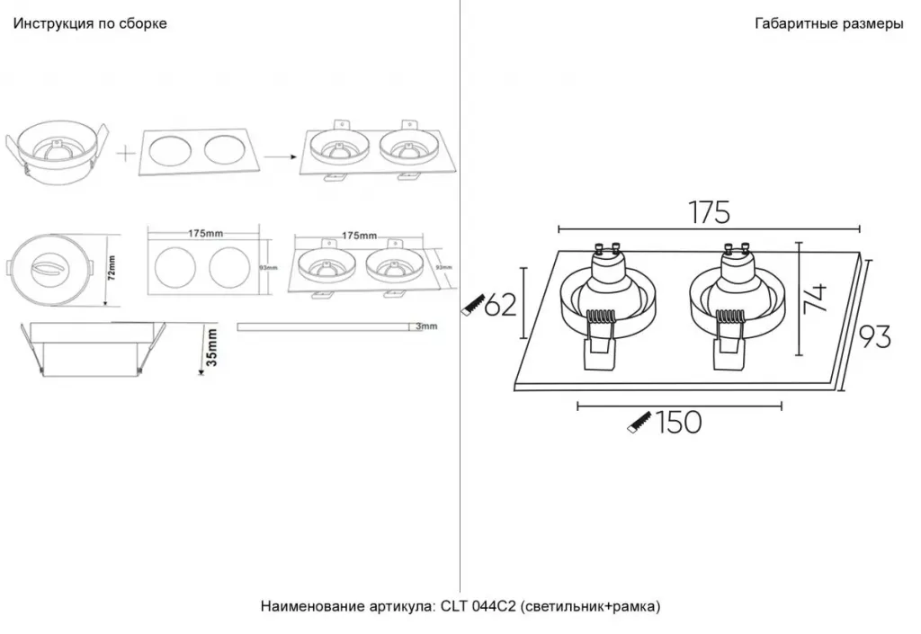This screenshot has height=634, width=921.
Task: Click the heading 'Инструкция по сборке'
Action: coord(89,24)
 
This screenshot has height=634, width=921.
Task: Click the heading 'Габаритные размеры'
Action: coord(828,24)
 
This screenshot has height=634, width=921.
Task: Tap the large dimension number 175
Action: coord(709,212)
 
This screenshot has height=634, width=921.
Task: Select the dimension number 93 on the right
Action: coord(874,336)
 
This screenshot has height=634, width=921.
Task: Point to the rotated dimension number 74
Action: coord(816,297)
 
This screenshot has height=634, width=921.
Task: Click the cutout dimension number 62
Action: coord(501,306)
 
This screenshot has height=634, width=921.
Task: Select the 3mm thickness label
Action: coord(427,326)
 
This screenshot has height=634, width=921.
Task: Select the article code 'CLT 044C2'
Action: coord(478,606)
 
